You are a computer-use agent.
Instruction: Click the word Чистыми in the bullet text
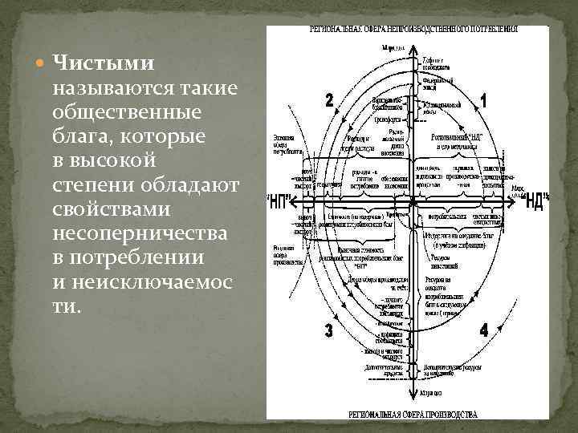[x=104, y=63]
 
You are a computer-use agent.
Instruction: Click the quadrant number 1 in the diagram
[x=482, y=101]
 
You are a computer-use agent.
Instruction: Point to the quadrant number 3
[x=329, y=330]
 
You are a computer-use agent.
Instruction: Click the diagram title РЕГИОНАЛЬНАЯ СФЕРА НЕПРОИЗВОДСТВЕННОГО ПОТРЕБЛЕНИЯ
[x=414, y=29]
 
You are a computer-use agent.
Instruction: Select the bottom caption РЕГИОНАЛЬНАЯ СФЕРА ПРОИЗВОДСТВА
[x=413, y=415]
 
